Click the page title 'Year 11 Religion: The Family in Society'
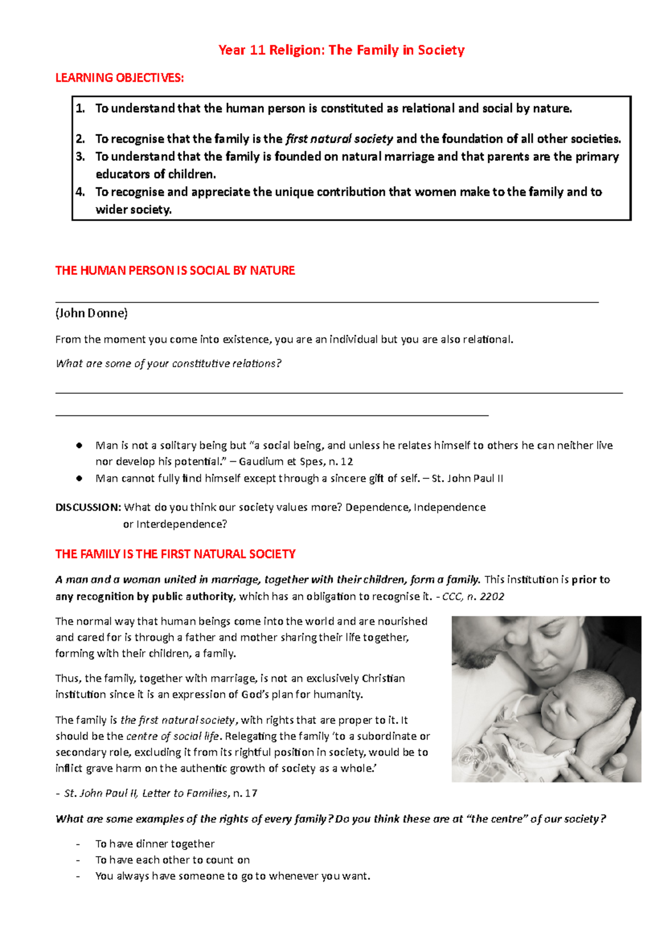coord(341,50)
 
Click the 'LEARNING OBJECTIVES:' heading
coord(120,78)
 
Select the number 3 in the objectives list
coord(80,156)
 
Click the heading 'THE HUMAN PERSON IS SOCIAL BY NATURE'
coord(175,270)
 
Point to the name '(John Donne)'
coord(91,313)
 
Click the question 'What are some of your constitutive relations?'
coord(169,363)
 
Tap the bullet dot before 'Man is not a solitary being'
coord(80,445)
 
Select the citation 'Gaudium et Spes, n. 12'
coord(296,461)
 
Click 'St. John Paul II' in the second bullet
coord(467,478)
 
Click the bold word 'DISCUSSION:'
coord(88,507)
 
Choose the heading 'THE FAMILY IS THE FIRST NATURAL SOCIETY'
coord(175,554)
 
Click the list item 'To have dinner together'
coord(155,844)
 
